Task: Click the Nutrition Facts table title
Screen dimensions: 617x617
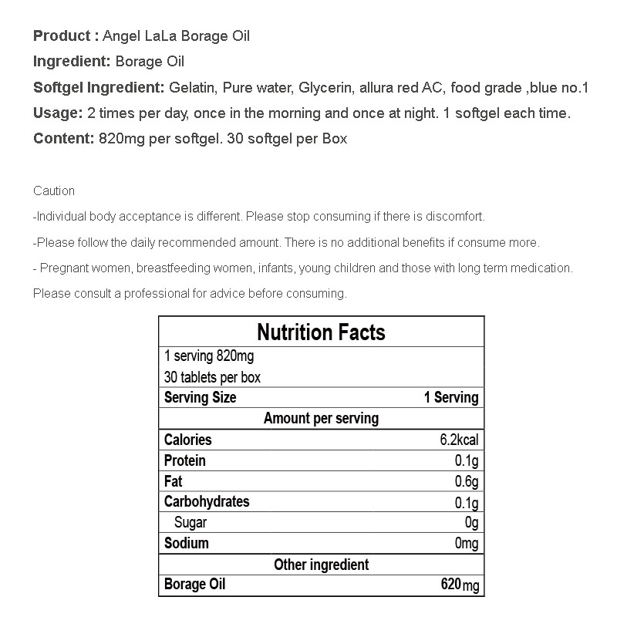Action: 321,332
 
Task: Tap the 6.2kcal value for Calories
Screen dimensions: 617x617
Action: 459,440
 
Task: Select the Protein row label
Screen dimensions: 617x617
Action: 185,460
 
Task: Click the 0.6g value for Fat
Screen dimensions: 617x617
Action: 467,482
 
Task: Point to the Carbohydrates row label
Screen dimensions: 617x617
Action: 207,502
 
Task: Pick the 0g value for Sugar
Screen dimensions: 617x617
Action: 470,523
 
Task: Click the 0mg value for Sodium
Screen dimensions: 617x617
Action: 467,544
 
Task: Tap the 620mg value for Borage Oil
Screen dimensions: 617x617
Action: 460,585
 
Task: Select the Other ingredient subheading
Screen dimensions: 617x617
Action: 321,565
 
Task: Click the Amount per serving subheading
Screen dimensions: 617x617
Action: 321,419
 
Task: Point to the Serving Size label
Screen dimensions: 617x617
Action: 201,398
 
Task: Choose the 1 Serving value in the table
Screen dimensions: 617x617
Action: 451,398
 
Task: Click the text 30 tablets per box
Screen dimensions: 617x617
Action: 213,377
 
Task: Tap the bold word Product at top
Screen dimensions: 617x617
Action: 62,36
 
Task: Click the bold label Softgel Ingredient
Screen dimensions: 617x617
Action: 98,88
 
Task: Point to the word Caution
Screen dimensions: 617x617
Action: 54,190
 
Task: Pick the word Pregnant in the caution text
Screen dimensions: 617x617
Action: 68,268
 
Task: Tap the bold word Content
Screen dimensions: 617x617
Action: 62,140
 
